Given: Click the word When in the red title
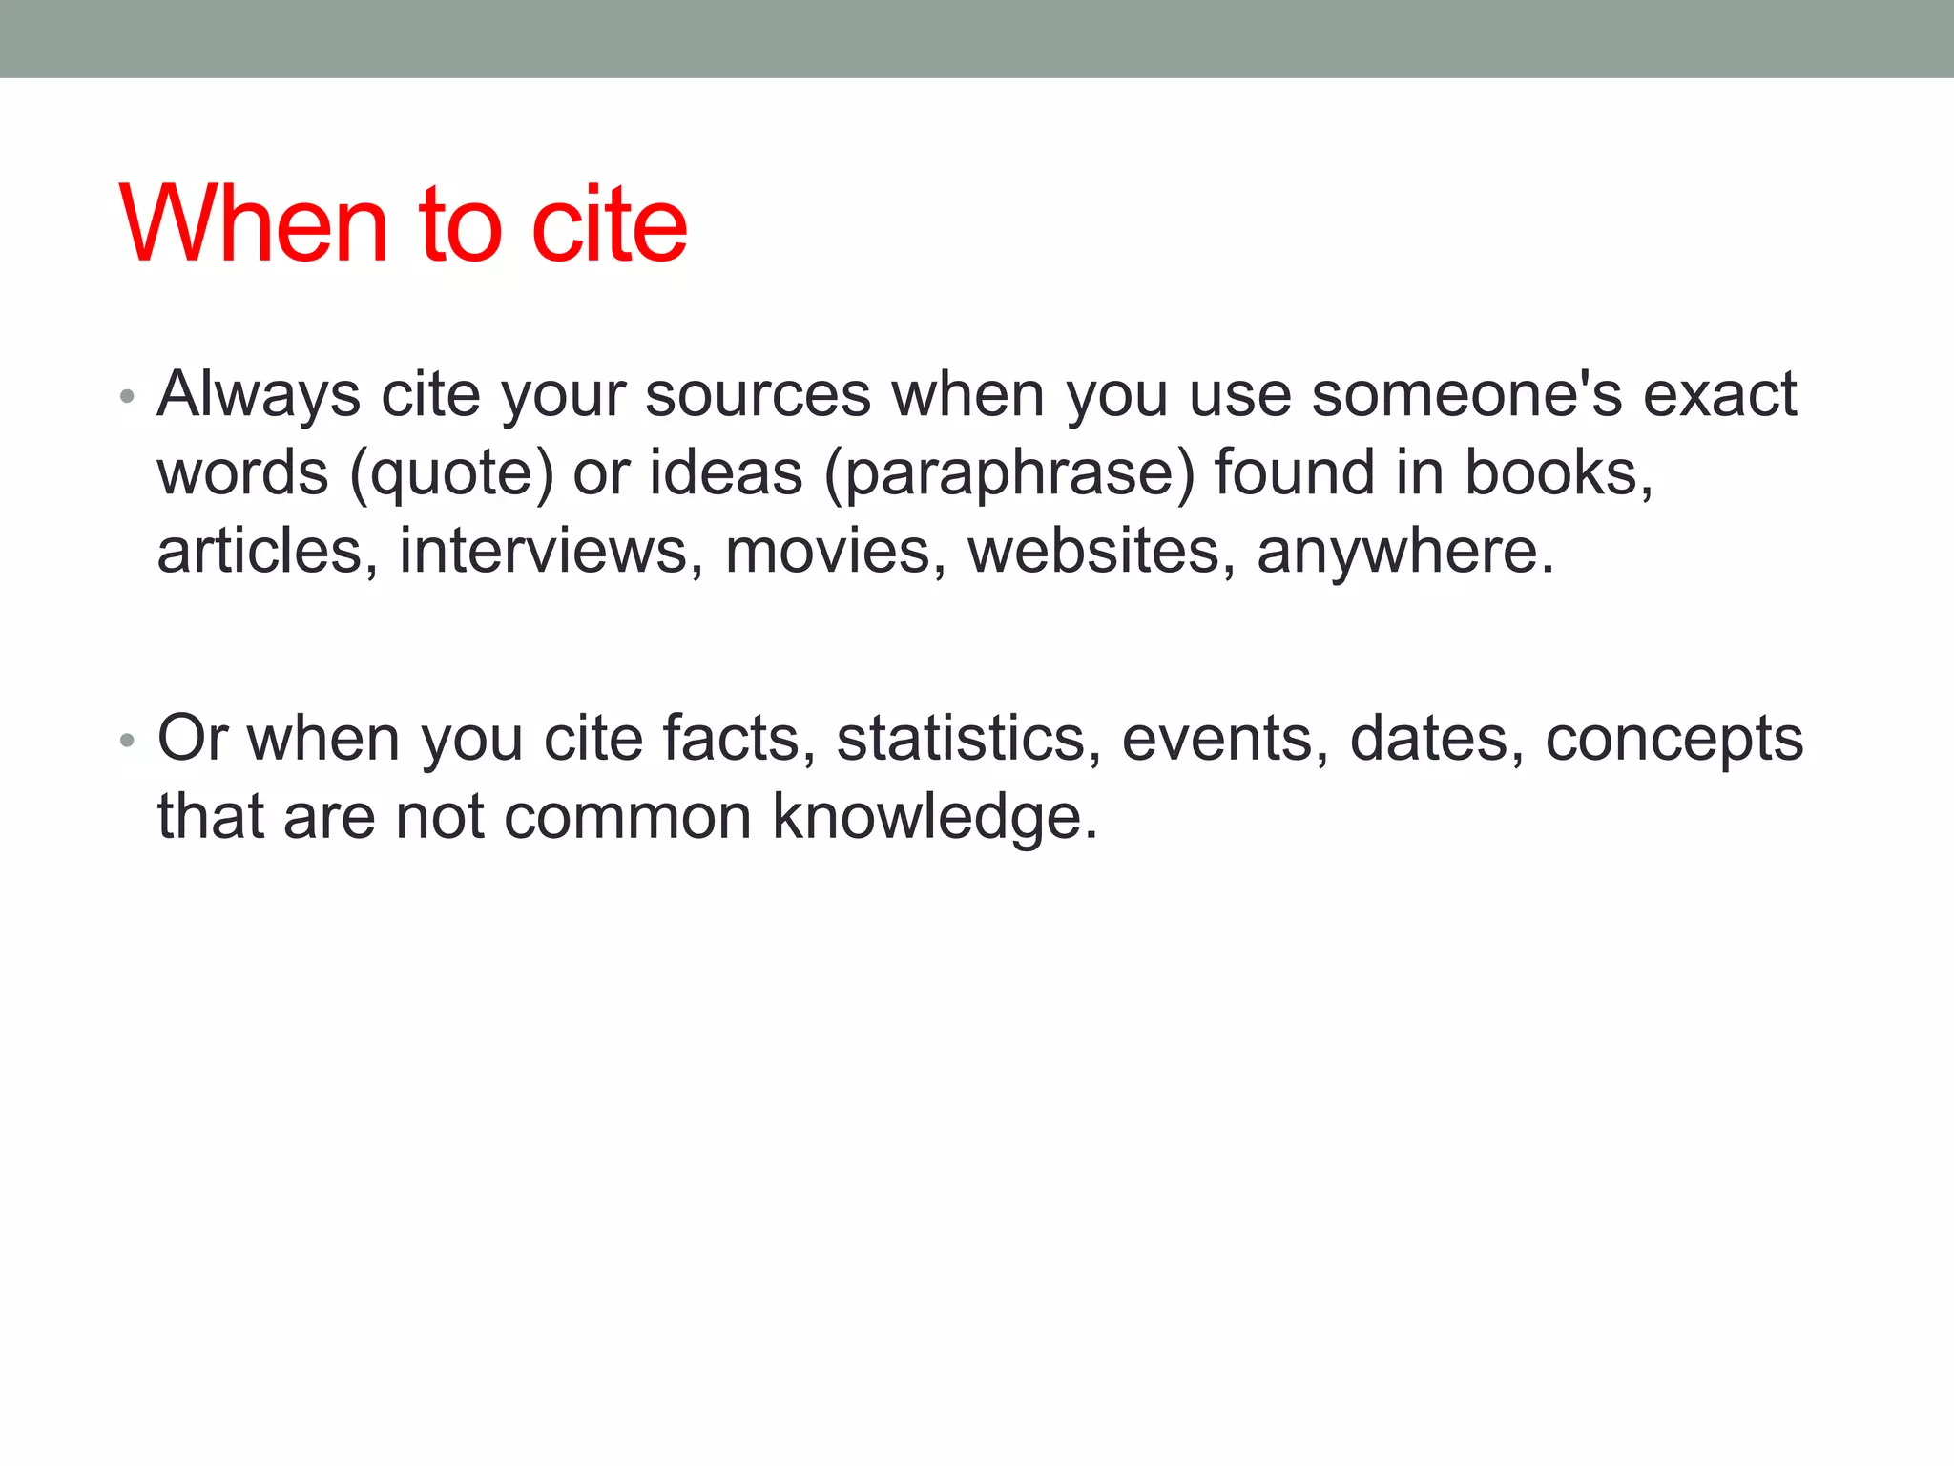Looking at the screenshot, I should (x=254, y=223).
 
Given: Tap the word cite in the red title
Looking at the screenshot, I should (x=609, y=223).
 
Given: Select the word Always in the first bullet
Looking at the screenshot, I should (x=259, y=394).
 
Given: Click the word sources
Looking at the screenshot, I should (x=758, y=394).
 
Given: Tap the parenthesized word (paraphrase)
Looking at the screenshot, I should (x=1008, y=472).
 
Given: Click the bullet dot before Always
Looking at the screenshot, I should (x=127, y=396).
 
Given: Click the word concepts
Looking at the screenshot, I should (x=1673, y=740).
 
